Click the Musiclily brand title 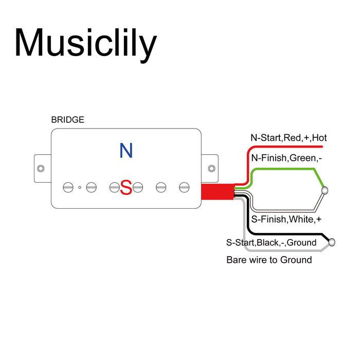pos(85,43)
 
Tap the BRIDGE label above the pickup pos(67,120)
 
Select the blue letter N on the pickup pos(126,151)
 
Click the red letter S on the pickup pos(126,187)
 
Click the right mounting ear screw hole pos(211,168)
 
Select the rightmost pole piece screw pos(184,187)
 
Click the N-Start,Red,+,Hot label pos(289,138)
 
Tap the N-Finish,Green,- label pos(286,158)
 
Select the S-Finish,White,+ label pos(283,220)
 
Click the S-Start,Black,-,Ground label pos(272,242)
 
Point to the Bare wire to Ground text pos(269,260)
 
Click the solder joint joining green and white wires pos(325,191)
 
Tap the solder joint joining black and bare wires pos(332,242)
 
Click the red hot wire pos(288,147)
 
